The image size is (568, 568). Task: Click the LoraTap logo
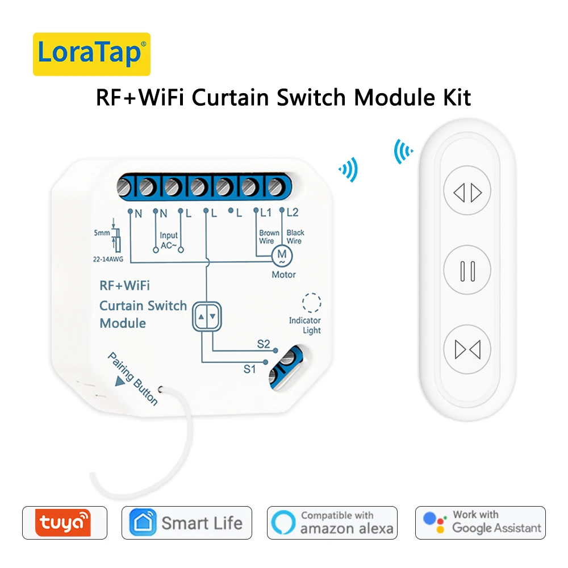pyautogui.click(x=91, y=54)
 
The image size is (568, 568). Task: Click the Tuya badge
pyautogui.click(x=64, y=523)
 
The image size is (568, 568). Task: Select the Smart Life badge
pyautogui.click(x=186, y=523)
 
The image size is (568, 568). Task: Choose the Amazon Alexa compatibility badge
pyautogui.click(x=332, y=523)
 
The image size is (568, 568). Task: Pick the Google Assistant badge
pyautogui.click(x=480, y=523)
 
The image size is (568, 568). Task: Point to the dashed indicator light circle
pyautogui.click(x=311, y=303)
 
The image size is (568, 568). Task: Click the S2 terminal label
pyautogui.click(x=264, y=344)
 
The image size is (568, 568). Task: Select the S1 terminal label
pyautogui.click(x=250, y=369)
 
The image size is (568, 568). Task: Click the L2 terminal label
pyautogui.click(x=293, y=213)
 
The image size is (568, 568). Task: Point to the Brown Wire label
pyautogui.click(x=269, y=237)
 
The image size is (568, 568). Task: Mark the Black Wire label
pyautogui.click(x=295, y=237)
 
